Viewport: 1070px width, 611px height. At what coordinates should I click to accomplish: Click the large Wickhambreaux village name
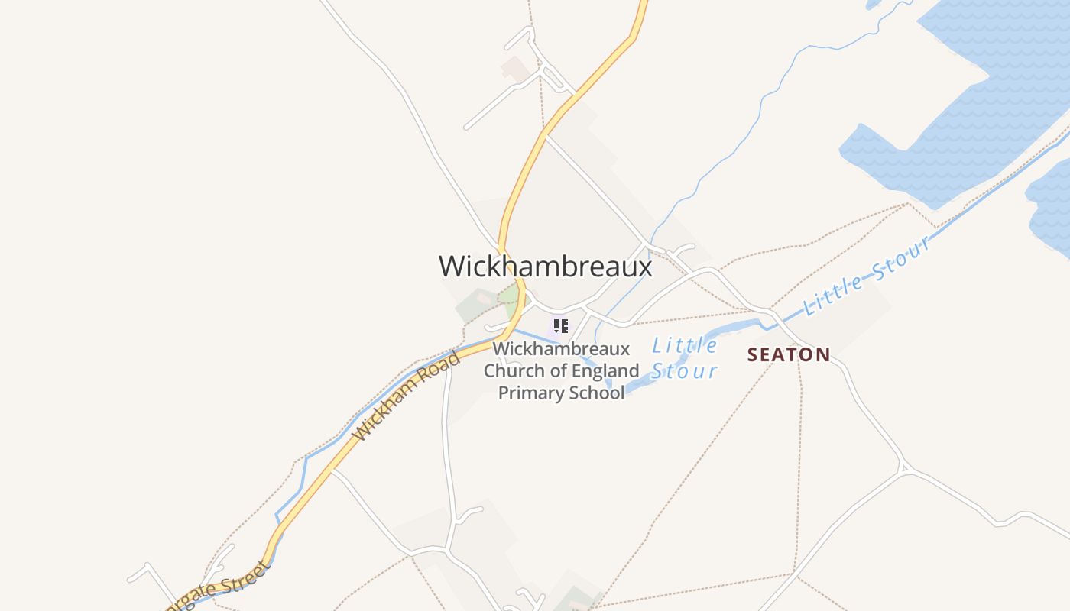545,266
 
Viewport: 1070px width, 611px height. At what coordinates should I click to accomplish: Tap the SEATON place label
789,354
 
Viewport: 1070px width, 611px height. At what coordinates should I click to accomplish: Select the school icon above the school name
561,327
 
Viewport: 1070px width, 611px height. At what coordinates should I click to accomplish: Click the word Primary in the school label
533,393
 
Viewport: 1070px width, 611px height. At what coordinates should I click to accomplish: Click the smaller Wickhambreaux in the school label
561,349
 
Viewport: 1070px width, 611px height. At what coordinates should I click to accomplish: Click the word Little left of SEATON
685,346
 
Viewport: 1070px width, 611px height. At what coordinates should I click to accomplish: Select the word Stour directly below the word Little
684,372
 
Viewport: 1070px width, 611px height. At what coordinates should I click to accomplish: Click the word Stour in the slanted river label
904,257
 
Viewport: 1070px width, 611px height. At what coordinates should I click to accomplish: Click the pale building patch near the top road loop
514,70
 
